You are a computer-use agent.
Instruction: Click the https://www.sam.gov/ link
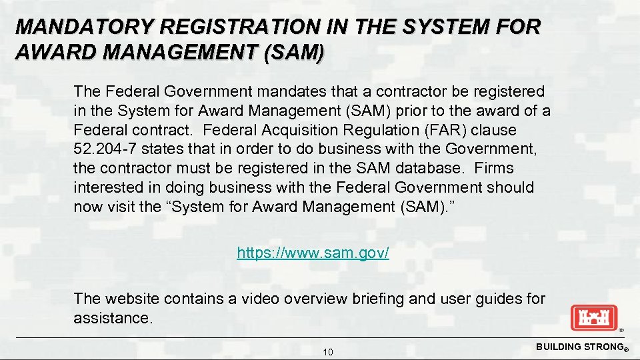pos(313,253)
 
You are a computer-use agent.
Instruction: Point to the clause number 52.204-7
pos(105,149)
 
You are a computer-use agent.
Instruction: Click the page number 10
pos(327,352)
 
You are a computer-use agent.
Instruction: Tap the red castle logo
pos(594,317)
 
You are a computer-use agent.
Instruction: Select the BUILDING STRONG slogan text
pos(579,347)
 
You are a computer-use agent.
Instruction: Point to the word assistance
pos(113,318)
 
